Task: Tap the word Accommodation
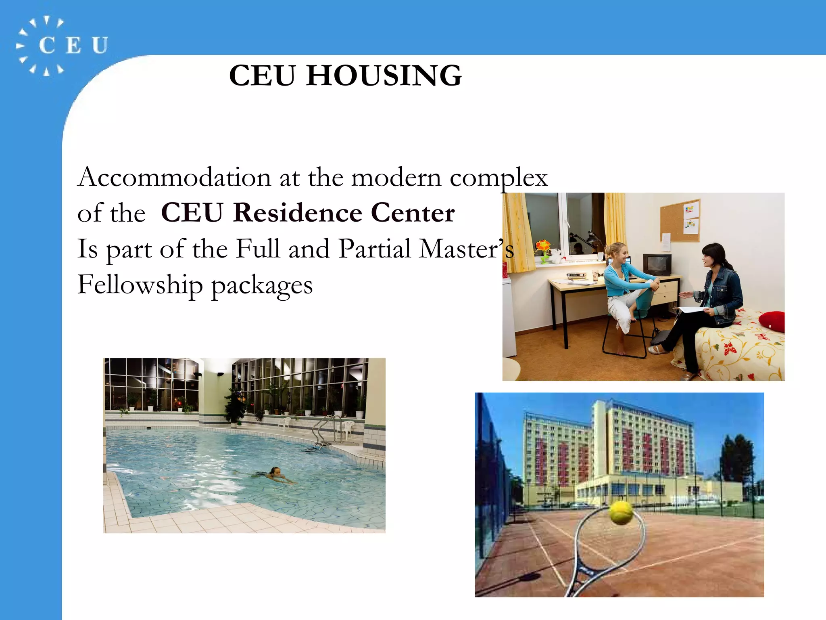(174, 177)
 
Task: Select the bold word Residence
(297, 213)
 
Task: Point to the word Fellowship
(140, 285)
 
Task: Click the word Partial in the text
(375, 249)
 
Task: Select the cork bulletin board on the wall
(680, 220)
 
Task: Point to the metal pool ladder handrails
(325, 432)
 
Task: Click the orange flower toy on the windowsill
(543, 247)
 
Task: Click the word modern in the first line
(396, 177)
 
